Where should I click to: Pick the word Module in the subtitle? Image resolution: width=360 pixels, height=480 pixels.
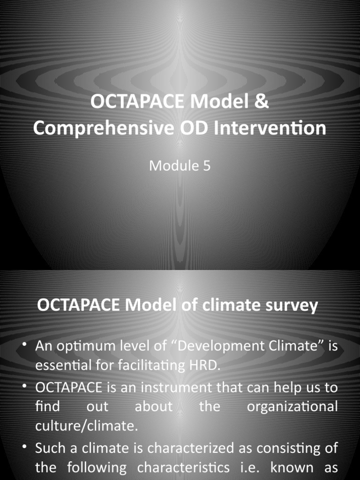(173, 165)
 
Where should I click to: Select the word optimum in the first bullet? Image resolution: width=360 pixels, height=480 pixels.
(78, 347)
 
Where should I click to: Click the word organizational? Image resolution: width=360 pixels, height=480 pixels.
(292, 407)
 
